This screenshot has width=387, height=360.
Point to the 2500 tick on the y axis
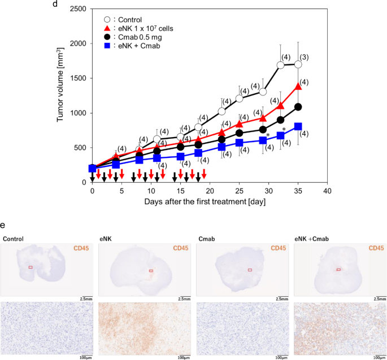pyautogui.click(x=79, y=9)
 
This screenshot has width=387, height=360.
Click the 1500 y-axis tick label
pyautogui.click(x=79, y=78)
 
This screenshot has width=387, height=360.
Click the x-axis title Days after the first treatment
pyautogui.click(x=208, y=201)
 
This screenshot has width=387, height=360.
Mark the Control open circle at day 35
pyautogui.click(x=298, y=64)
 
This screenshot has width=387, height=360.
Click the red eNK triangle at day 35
pyautogui.click(x=298, y=86)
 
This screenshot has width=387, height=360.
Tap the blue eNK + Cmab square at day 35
pyautogui.click(x=298, y=126)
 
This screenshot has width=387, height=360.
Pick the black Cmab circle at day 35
pyautogui.click(x=298, y=107)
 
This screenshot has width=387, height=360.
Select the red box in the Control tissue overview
pyautogui.click(x=31, y=267)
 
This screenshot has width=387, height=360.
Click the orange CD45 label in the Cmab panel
pyautogui.click(x=279, y=248)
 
